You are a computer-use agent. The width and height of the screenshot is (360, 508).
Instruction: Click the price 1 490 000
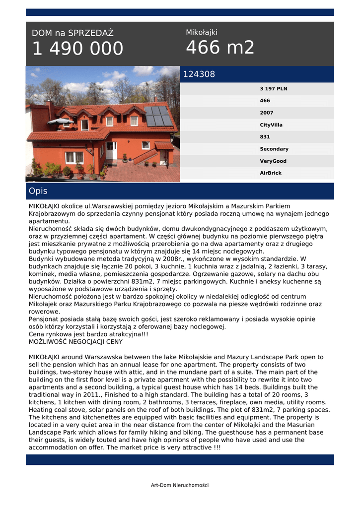pyautogui.click(x=77, y=49)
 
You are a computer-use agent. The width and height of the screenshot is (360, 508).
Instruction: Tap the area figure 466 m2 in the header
pyautogui.click(x=220, y=48)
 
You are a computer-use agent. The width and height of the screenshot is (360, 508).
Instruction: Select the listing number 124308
pyautogui.click(x=199, y=74)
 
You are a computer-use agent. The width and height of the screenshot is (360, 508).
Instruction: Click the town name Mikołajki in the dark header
pyautogui.click(x=202, y=32)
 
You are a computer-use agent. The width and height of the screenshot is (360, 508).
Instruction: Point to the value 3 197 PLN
pyautogui.click(x=273, y=89)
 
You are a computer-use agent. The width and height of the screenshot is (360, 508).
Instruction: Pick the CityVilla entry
pyautogui.click(x=271, y=125)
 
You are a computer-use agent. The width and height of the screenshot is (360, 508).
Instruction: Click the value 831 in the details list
pyautogui.click(x=265, y=137)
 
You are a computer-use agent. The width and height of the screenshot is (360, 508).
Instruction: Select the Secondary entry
pyautogui.click(x=274, y=149)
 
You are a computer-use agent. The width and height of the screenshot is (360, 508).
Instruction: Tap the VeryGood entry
pyautogui.click(x=273, y=161)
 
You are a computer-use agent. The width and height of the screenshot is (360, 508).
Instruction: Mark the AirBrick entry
pyautogui.click(x=271, y=173)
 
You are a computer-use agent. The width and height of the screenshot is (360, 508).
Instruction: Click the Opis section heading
pyautogui.click(x=38, y=191)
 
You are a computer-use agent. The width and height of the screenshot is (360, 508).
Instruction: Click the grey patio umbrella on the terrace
pyautogui.click(x=60, y=121)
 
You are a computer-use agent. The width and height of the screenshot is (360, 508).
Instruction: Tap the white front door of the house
pyautogui.click(x=111, y=150)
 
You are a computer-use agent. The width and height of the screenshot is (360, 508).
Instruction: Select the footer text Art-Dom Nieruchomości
pyautogui.click(x=180, y=485)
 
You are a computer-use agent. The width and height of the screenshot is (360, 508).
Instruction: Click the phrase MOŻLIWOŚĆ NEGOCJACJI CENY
pyautogui.click(x=75, y=342)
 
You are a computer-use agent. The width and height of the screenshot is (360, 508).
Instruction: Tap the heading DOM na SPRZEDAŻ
pyautogui.click(x=72, y=33)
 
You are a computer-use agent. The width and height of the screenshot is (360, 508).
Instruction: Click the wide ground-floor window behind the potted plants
pyautogui.click(x=74, y=157)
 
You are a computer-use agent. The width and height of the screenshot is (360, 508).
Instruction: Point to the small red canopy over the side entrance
pyautogui.click(x=163, y=145)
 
